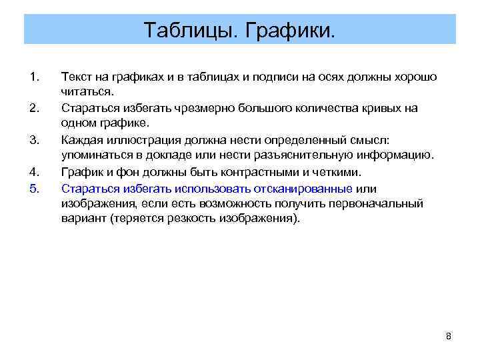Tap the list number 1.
click(35, 77)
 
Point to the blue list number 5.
click(35, 188)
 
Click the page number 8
click(448, 336)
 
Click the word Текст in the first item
click(75, 77)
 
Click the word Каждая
click(81, 140)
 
